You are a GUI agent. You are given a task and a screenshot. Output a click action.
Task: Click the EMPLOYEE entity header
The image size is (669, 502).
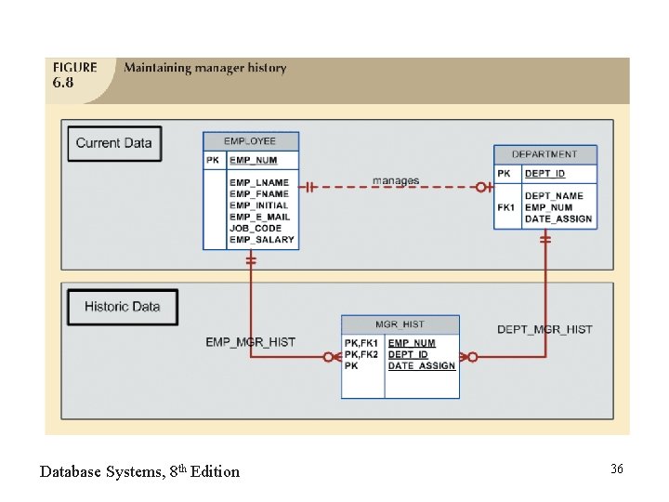point(251,141)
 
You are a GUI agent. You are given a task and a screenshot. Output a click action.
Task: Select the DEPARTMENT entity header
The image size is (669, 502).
point(544,154)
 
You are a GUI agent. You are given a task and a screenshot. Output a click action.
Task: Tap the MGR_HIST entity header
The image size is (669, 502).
point(400,324)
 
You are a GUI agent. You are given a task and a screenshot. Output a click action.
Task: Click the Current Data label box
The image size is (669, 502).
point(114,143)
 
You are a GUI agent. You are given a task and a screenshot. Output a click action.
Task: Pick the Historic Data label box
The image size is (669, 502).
point(122,307)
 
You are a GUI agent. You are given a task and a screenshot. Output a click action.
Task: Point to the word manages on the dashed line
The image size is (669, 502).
point(396,180)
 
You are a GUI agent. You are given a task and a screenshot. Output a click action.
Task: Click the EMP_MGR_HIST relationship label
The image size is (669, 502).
point(251,342)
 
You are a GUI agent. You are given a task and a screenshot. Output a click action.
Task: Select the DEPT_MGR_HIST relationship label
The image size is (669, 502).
point(544,329)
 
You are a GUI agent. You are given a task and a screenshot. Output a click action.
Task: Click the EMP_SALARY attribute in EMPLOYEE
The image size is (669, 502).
point(262,240)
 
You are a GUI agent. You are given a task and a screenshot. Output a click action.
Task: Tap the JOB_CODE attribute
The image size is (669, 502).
point(256,228)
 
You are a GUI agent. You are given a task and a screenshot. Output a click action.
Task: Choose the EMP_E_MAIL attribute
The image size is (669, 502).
point(260,217)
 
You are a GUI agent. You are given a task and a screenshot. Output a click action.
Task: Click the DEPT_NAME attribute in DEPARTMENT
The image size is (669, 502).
point(554,196)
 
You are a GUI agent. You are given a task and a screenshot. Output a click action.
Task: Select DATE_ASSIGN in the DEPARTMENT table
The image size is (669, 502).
point(558,218)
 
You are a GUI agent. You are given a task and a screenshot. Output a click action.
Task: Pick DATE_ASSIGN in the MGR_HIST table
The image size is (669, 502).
point(422,366)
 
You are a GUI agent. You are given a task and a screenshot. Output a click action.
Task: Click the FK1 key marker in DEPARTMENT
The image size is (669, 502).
point(505,207)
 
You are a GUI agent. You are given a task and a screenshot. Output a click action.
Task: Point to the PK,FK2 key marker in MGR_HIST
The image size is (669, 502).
point(361,354)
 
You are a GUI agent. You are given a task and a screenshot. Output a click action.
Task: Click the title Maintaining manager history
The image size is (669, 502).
point(205,68)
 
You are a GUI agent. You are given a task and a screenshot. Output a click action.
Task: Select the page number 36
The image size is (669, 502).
point(616,469)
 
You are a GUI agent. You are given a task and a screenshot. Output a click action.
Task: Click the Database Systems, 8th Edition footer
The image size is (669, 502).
point(139,471)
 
